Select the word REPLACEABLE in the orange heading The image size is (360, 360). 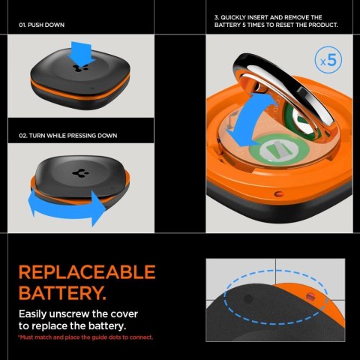tap(86, 271)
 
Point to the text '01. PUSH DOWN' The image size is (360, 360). tap(41, 25)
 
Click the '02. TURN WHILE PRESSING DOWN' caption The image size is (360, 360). tap(67, 135)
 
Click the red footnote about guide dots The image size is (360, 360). tap(85, 337)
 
